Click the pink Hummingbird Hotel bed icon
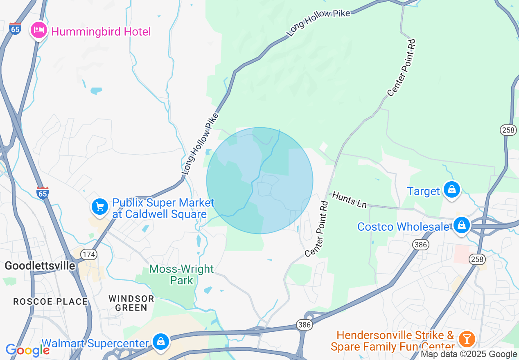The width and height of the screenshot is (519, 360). click(39, 30)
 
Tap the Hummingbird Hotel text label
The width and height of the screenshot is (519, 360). click(101, 32)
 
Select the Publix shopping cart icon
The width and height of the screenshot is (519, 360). click(100, 207)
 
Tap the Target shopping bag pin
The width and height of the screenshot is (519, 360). click(452, 190)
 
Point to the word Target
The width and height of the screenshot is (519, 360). click(423, 191)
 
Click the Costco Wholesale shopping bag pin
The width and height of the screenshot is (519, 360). click(462, 225)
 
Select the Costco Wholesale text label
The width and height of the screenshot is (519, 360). click(403, 227)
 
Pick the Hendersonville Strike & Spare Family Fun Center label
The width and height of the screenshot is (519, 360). click(393, 341)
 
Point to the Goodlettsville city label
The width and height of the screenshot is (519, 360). click(40, 265)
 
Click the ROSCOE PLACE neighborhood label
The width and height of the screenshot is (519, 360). click(50, 301)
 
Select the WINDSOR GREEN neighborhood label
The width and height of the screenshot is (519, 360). click(131, 303)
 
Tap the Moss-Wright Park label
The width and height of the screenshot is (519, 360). click(181, 274)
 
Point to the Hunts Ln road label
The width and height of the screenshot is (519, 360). click(349, 200)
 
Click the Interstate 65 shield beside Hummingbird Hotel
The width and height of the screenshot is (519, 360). click(15, 29)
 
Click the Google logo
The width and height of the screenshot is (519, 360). click(27, 350)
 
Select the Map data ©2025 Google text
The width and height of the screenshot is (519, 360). click(469, 354)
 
